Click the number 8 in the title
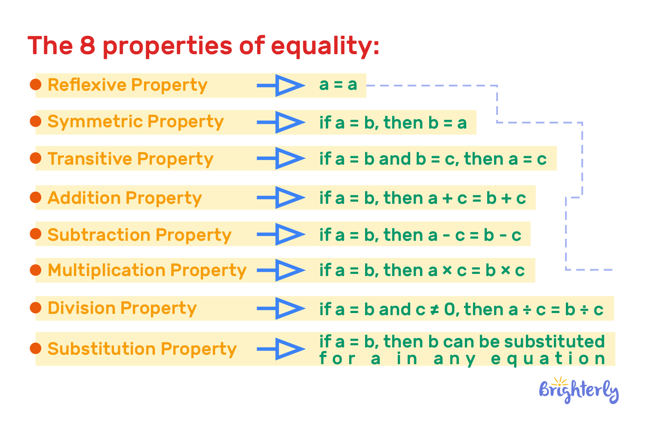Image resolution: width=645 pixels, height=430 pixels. (87, 46)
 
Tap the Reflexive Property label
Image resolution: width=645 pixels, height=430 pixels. (127, 85)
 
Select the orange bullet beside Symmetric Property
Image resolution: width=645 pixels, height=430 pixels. (35, 122)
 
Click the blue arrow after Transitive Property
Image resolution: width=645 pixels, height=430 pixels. (281, 159)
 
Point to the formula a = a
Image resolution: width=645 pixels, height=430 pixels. (338, 85)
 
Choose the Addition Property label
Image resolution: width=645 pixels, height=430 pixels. (125, 198)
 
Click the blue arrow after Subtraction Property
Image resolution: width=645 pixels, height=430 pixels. (281, 234)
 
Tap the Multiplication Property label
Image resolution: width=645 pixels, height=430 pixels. (147, 270)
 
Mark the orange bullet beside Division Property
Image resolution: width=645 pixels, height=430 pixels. (35, 308)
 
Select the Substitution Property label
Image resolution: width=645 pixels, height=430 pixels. (142, 349)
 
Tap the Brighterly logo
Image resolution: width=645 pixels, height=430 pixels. (578, 391)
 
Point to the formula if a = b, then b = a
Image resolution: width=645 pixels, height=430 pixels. (393, 123)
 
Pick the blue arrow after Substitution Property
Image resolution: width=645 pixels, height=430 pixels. (281, 349)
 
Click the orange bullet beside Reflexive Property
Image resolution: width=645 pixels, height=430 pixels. (35, 85)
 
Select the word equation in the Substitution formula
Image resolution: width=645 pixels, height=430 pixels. (548, 359)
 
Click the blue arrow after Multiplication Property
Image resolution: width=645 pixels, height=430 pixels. (281, 270)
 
